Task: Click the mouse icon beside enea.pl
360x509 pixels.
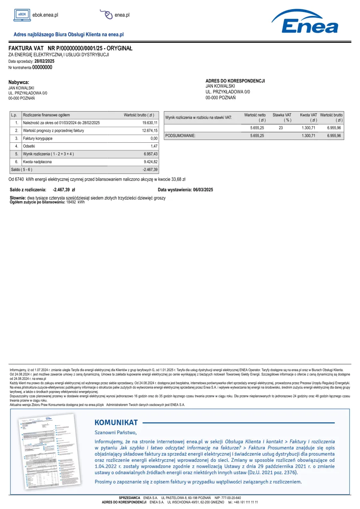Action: pyautogui.click(x=107, y=15)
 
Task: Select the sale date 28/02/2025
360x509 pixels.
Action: pyautogui.click(x=44, y=61)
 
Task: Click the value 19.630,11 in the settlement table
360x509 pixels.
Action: pyautogui.click(x=150, y=123)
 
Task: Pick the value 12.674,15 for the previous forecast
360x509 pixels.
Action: pyautogui.click(x=150, y=131)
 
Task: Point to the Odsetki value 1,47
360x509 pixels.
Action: pyautogui.click(x=154, y=146)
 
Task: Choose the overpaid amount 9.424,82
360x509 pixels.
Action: pyautogui.click(x=151, y=162)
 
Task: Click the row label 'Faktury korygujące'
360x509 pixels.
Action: pyautogui.click(x=38, y=138)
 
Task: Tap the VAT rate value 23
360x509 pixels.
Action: pyautogui.click(x=281, y=128)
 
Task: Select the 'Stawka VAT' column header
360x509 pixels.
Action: pyautogui.click(x=282, y=115)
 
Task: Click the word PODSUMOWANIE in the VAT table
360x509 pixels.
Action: pyautogui.click(x=180, y=136)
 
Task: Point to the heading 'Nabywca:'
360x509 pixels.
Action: pyautogui.click(x=19, y=82)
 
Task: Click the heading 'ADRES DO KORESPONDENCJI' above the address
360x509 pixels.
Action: pyautogui.click(x=235, y=81)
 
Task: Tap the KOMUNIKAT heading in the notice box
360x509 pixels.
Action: pyautogui.click(x=116, y=422)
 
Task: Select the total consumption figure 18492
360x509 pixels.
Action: pyautogui.click(x=71, y=202)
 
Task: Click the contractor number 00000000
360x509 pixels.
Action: pyautogui.click(x=42, y=68)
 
